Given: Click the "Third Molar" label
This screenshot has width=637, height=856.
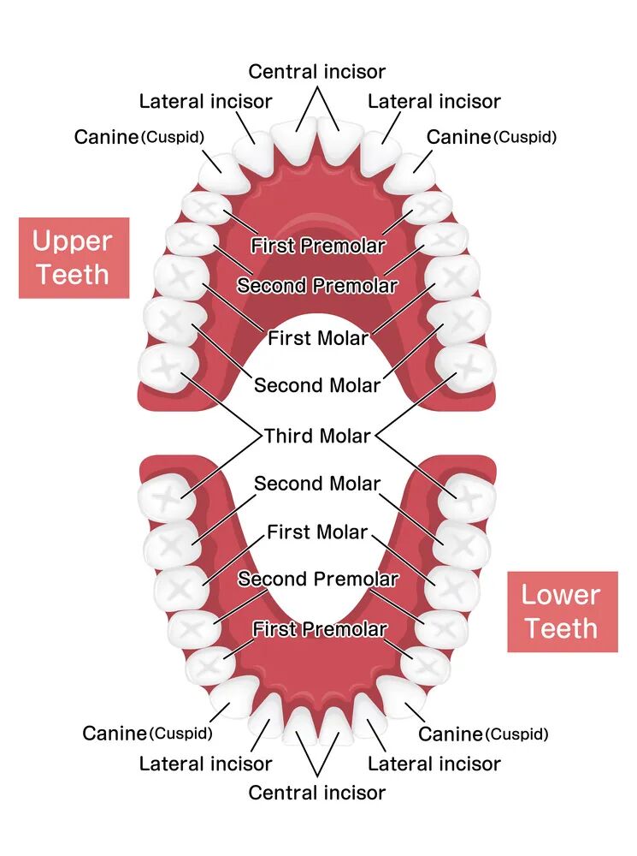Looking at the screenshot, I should tap(317, 436).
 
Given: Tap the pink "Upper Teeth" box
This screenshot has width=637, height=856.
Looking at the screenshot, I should tap(74, 258).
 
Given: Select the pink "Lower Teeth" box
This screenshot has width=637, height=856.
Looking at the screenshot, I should tap(562, 611).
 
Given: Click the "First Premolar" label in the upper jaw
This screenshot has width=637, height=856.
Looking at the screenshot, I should tap(317, 246).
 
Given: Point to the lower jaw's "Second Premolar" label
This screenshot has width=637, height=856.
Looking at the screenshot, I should tap(317, 580).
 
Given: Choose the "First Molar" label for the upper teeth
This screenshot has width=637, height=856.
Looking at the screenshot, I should tap(317, 338).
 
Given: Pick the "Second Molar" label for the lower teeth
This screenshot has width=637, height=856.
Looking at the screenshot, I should tap(317, 484).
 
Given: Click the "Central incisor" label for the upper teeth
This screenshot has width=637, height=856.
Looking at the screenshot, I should tap(317, 71).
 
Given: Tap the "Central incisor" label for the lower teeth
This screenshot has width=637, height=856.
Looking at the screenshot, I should tap(317, 793).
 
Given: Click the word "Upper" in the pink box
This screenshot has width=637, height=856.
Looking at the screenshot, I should tap(72, 241).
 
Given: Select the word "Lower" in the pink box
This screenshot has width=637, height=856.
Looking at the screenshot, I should tap(561, 594).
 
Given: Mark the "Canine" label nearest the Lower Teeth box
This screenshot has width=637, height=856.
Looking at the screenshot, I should tap(450, 734).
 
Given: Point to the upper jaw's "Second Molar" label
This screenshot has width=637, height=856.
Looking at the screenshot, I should tap(317, 385).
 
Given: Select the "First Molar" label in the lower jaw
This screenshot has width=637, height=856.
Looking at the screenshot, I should tap(317, 532).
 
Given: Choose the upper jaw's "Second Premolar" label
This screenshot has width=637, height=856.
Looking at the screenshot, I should tap(317, 285).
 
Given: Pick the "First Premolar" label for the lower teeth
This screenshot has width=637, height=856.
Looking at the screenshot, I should tap(319, 630).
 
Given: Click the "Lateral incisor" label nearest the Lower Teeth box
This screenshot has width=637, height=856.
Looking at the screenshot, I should tap(434, 764).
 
